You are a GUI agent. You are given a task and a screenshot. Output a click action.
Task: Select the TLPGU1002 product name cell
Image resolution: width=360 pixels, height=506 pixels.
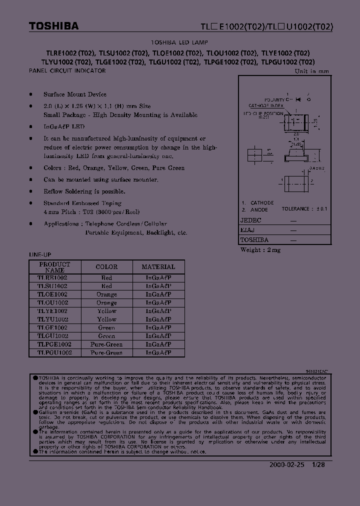point(54,352)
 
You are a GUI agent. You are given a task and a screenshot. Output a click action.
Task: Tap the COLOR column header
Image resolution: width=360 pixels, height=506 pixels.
point(106,267)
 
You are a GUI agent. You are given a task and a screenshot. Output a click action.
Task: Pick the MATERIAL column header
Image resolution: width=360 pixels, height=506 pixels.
point(158,267)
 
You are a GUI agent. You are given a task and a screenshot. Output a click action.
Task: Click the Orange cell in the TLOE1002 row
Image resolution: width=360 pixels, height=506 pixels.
point(106,294)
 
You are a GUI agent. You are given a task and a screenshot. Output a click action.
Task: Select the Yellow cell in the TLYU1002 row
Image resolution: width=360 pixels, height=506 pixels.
point(106,319)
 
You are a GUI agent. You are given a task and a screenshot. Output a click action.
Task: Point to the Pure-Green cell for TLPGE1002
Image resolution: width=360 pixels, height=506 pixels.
point(106,344)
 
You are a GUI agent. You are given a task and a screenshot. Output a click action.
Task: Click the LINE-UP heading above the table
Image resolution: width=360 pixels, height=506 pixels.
point(40,254)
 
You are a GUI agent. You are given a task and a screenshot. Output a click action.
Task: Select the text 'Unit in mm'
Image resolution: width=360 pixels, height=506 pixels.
point(312,71)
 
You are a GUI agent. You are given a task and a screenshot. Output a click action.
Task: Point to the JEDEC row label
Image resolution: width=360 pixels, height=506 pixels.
point(250,220)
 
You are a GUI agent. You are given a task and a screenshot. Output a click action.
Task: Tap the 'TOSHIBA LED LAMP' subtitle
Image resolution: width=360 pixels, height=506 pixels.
point(179,43)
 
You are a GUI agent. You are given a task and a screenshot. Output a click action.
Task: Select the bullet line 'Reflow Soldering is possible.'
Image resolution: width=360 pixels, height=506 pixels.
point(84,191)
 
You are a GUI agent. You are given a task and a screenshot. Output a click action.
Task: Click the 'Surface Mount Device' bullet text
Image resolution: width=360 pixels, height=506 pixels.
point(75,94)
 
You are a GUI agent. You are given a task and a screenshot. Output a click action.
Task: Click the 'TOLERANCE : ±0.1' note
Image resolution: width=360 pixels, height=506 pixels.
point(304,209)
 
